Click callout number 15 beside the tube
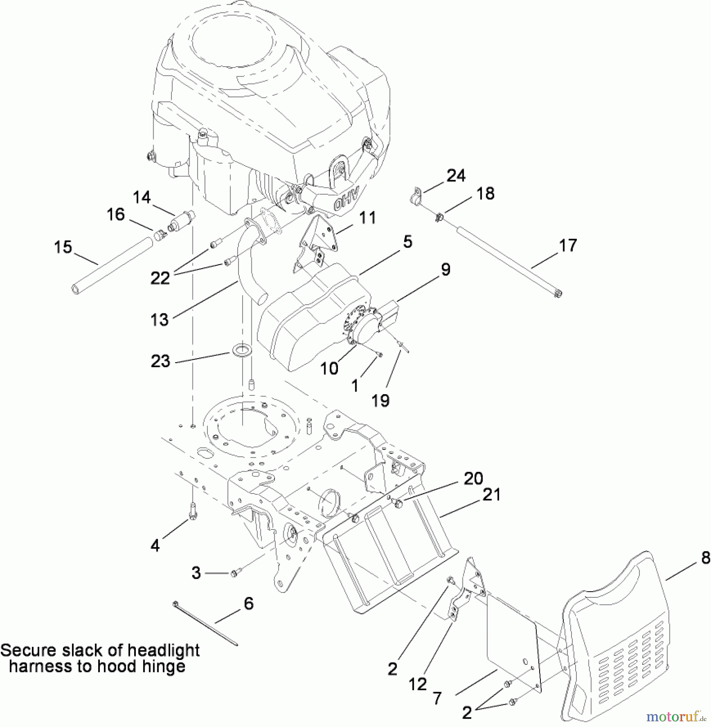[63, 247]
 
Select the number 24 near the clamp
[456, 176]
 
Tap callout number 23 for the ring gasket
[160, 361]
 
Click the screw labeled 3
[235, 572]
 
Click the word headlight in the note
[164, 650]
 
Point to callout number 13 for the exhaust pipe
[159, 319]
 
